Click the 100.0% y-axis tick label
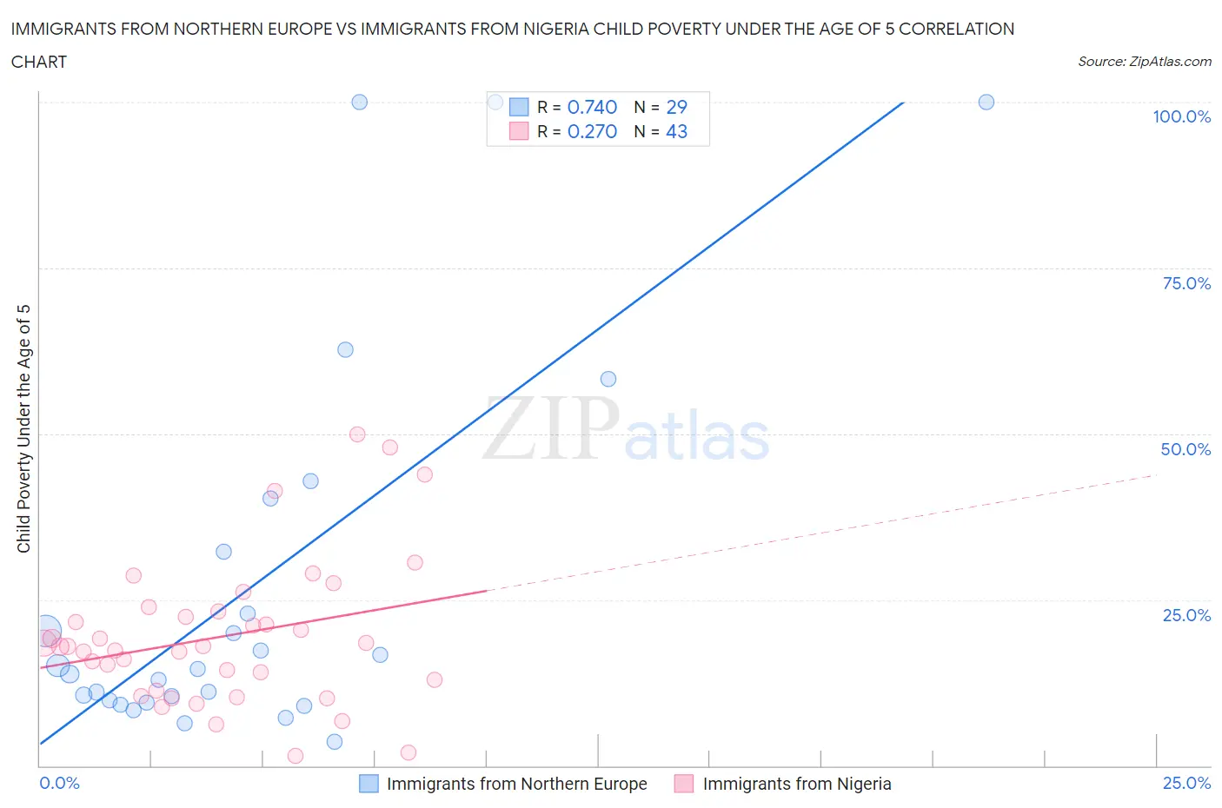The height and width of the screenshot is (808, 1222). [x=1181, y=117]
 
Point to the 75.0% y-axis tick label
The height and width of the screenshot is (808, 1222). [x=1186, y=283]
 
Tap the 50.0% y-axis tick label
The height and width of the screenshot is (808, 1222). [x=1185, y=449]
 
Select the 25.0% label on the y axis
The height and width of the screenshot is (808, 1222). [x=1186, y=615]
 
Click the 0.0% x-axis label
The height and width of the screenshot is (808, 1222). [x=59, y=783]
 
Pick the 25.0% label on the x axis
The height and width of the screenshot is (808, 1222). [x=1186, y=783]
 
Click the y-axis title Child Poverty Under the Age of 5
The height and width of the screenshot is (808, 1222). [x=23, y=428]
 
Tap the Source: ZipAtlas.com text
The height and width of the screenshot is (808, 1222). [x=1144, y=62]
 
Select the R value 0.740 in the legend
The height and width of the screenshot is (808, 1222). [x=592, y=107]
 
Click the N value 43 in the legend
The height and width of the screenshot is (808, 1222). [x=676, y=131]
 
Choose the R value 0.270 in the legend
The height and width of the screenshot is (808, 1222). [x=592, y=131]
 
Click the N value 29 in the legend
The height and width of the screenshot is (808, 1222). [x=676, y=107]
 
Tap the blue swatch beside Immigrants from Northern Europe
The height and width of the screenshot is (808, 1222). [x=369, y=784]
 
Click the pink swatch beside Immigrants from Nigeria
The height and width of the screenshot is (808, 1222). [x=684, y=784]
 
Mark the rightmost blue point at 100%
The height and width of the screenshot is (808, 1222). [x=986, y=102]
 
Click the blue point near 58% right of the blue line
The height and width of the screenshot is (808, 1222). [x=608, y=379]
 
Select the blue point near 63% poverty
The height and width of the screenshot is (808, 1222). [x=345, y=349]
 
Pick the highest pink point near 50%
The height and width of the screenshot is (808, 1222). [x=357, y=434]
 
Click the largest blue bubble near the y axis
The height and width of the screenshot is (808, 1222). [x=47, y=630]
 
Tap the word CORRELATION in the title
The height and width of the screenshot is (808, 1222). [x=956, y=29]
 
